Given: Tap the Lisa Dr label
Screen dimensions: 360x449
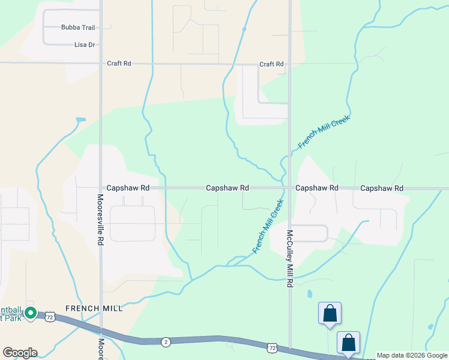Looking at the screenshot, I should (85, 45).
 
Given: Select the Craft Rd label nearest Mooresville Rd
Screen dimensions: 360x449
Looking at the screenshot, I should (119, 63).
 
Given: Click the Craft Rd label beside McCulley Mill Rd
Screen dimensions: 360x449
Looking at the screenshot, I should (271, 64).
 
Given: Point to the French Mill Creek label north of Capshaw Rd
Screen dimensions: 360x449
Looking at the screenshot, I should (324, 132).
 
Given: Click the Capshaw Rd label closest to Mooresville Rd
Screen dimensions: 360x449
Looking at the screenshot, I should (128, 188).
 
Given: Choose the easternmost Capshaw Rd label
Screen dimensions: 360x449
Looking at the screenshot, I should (382, 188).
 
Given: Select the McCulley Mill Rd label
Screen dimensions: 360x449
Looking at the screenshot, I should (289, 257).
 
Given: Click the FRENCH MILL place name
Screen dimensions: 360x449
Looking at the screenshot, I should (94, 308).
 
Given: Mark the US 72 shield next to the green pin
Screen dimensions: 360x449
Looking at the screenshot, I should (50, 316).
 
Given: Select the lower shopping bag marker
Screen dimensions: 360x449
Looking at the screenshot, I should (348, 342).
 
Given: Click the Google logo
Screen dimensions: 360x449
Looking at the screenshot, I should (20, 353).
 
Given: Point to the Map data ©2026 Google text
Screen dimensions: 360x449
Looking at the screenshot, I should (412, 355).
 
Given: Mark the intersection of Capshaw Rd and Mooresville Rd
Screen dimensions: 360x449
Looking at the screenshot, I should (100, 188).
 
